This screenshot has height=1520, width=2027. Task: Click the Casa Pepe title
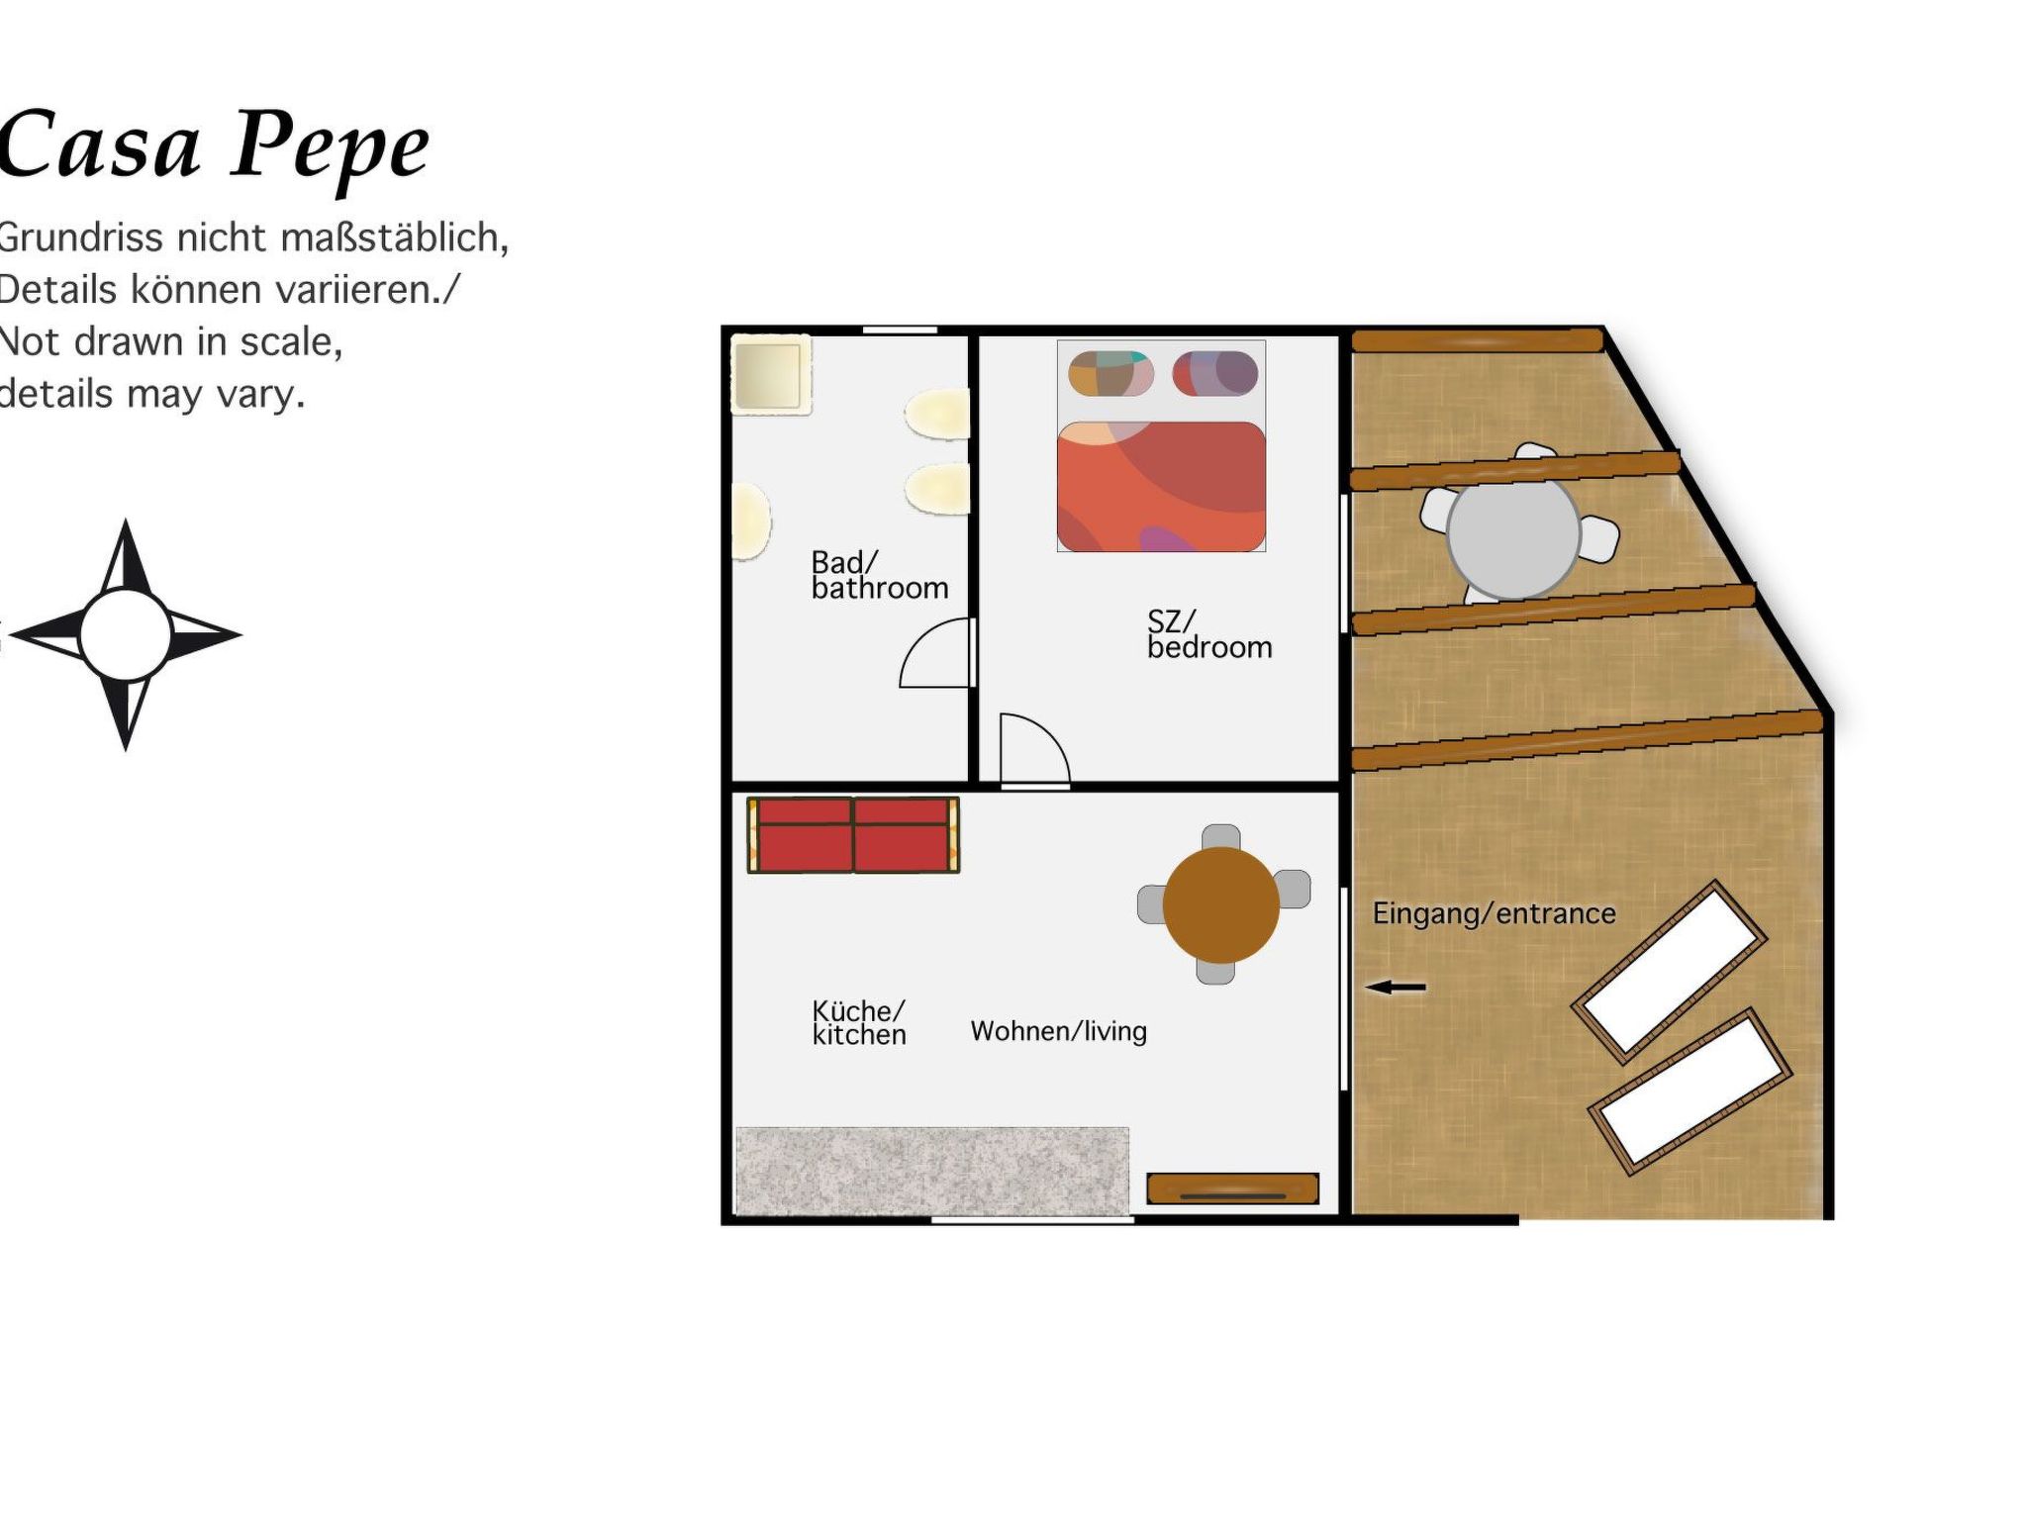point(213,145)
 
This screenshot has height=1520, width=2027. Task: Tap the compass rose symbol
point(126,634)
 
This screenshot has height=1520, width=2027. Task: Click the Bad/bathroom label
point(879,575)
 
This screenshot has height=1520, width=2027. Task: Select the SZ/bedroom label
point(1208,634)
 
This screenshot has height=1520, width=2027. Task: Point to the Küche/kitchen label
point(858,1022)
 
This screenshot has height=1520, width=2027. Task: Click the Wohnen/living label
point(1058,1031)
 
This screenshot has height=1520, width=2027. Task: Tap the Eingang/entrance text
point(1494,913)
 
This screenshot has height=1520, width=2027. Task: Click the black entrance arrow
point(1396,987)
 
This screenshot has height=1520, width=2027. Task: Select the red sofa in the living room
point(852,835)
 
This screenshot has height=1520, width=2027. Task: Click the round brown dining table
point(1220,904)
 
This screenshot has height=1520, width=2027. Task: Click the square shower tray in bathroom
point(770,375)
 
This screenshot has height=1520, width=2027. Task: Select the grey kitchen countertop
point(931,1171)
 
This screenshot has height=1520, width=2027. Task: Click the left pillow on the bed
point(1110,374)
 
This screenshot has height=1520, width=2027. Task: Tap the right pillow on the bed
point(1214,374)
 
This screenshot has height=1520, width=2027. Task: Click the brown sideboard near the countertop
point(1232,1188)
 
